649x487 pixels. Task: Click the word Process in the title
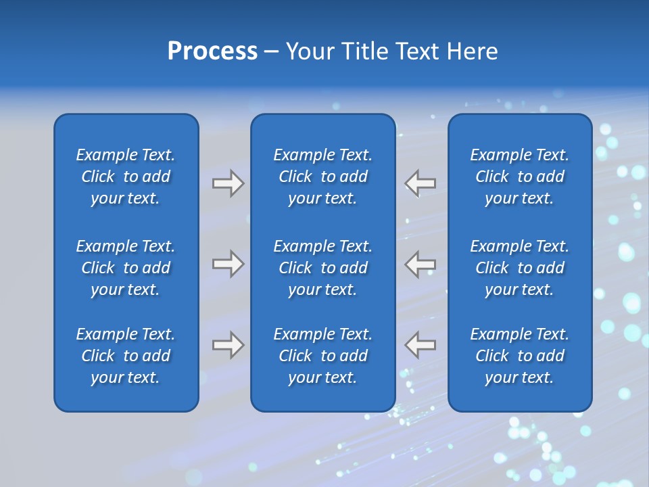(212, 51)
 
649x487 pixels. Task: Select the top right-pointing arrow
(228, 183)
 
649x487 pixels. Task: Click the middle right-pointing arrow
(228, 264)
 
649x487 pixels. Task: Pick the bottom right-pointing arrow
(228, 345)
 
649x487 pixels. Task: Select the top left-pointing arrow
(420, 183)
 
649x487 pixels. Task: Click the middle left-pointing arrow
(420, 264)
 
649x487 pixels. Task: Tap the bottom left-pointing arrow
(420, 345)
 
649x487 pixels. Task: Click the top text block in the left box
(126, 177)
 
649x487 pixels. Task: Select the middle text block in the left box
(126, 268)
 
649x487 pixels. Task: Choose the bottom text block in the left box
(126, 356)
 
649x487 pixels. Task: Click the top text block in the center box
(323, 177)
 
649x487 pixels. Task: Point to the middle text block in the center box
(323, 268)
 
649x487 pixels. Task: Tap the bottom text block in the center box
(323, 356)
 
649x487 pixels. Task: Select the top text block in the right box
(520, 177)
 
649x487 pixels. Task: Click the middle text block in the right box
(520, 268)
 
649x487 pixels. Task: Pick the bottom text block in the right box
(520, 356)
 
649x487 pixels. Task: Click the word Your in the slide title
(310, 51)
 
